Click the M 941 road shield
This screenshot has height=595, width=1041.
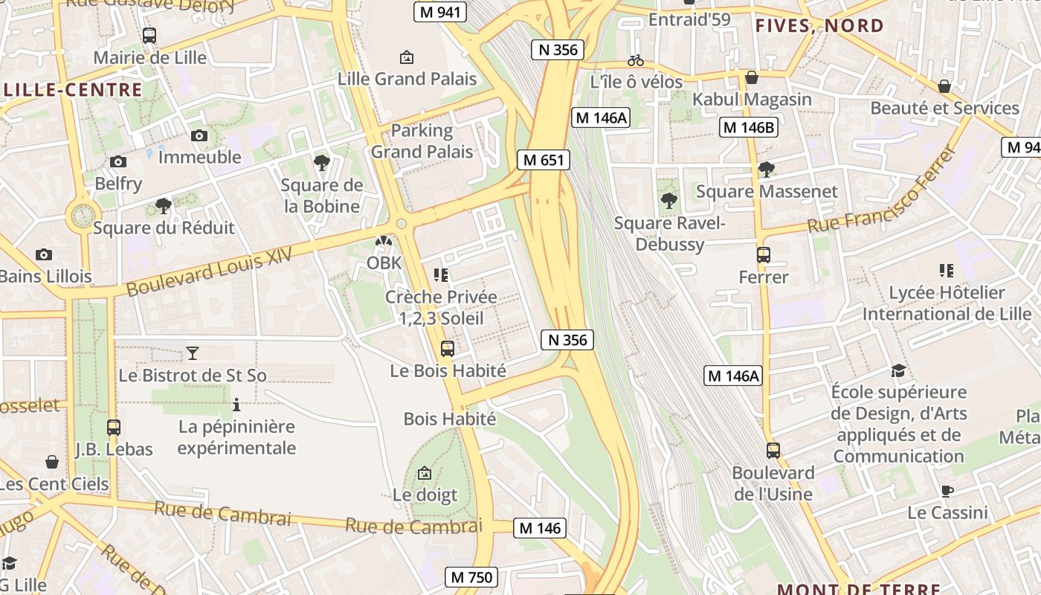(x=439, y=12)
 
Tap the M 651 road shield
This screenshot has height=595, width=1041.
(x=544, y=160)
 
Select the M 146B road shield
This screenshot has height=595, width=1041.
(x=749, y=127)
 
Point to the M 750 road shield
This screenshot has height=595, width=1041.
(x=471, y=576)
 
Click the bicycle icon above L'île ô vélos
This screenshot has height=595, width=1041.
(x=636, y=60)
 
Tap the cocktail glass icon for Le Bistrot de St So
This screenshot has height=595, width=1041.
(x=193, y=353)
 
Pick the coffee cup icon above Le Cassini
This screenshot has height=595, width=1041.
(x=947, y=491)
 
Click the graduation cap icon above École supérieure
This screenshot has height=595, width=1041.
(x=898, y=370)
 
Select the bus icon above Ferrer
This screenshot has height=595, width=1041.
(x=763, y=254)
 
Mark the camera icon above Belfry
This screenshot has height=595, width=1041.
(x=117, y=161)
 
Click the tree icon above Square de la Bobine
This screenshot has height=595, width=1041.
(x=321, y=163)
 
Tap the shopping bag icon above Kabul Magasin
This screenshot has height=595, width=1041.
(x=752, y=77)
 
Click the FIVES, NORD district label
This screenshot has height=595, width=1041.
(x=819, y=26)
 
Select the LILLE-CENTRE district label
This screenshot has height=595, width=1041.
(x=72, y=90)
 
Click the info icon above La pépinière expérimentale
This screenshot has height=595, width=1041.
(x=236, y=405)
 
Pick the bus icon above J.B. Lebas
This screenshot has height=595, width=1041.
(x=113, y=428)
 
